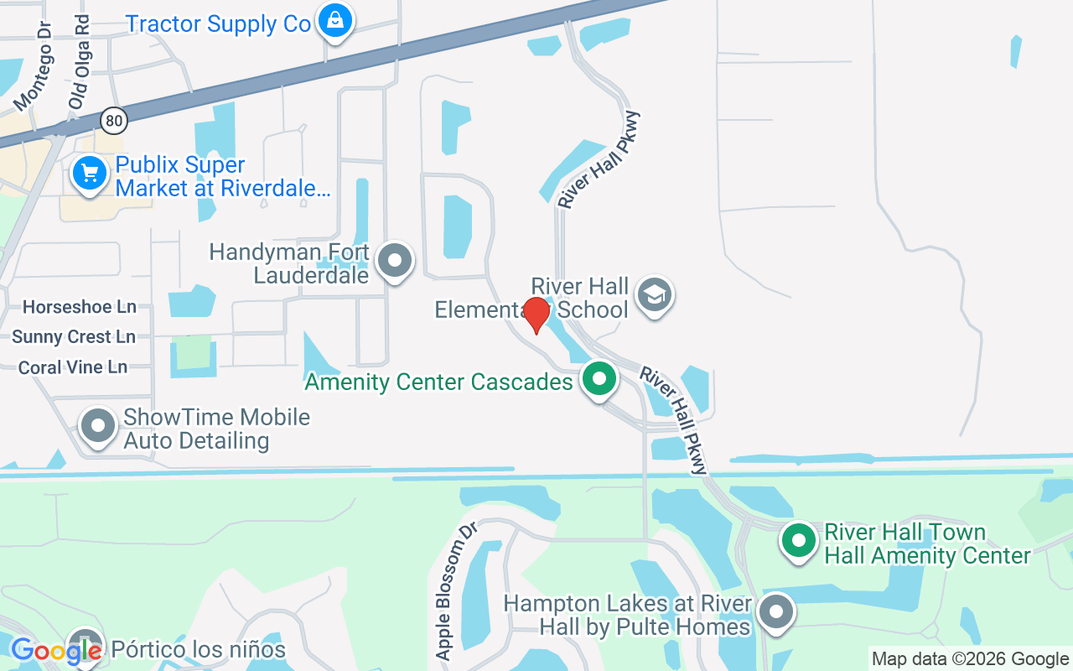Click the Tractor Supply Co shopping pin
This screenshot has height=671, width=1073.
pyautogui.click(x=335, y=21)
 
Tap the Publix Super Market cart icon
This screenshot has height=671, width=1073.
pyautogui.click(x=90, y=174)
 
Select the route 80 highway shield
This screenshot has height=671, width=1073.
pyautogui.click(x=115, y=121)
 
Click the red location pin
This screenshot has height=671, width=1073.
pyautogui.click(x=536, y=315)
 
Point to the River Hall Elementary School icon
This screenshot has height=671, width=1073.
pyautogui.click(x=655, y=294)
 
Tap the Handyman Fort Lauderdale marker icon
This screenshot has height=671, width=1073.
pyautogui.click(x=395, y=261)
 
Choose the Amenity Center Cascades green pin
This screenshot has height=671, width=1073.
pyautogui.click(x=599, y=378)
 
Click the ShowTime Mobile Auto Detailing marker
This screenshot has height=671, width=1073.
pyautogui.click(x=98, y=425)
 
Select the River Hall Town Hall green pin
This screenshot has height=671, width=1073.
pyautogui.click(x=799, y=540)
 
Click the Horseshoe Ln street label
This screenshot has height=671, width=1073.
pyautogui.click(x=80, y=307)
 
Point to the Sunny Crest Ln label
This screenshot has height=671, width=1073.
pyautogui.click(x=74, y=337)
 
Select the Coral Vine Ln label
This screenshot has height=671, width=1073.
pyautogui.click(x=73, y=367)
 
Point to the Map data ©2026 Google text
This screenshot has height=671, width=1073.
pyautogui.click(x=970, y=659)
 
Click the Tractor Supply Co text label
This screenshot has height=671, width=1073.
pyautogui.click(x=218, y=23)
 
